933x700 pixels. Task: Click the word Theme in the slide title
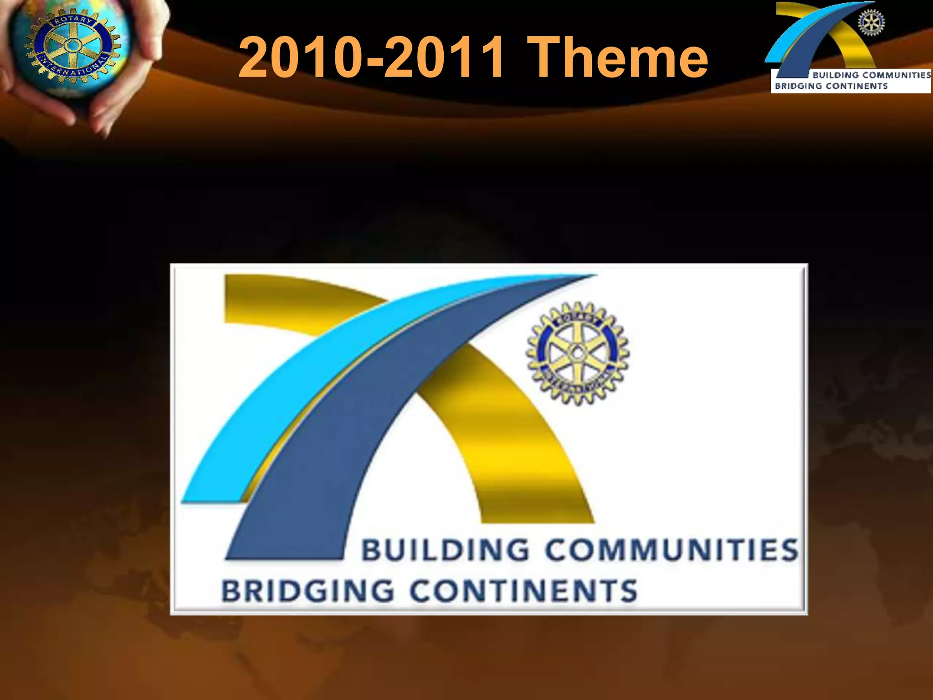(x=620, y=58)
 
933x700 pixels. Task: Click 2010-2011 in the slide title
(x=371, y=58)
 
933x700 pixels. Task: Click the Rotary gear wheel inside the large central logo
(x=578, y=353)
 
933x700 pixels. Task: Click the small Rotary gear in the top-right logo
(x=871, y=23)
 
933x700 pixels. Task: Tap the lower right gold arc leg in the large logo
(x=524, y=456)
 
